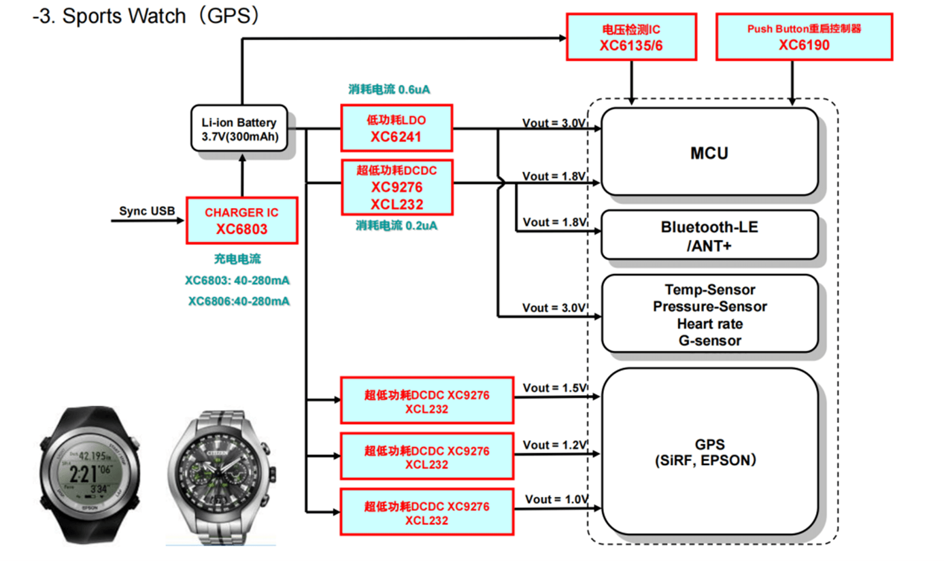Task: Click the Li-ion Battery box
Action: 239,129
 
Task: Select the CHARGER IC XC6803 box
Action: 242,221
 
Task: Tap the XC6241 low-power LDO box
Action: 396,128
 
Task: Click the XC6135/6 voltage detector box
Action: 631,37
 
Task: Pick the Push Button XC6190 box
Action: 804,37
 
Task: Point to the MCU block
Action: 709,152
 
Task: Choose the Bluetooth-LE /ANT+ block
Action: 709,236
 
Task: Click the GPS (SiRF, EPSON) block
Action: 709,452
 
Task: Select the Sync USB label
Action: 147,211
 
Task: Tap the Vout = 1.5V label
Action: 555,388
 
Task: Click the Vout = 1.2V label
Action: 555,445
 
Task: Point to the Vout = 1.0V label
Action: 556,500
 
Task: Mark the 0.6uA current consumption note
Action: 389,90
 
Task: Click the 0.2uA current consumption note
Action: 397,226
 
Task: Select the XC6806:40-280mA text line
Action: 238,302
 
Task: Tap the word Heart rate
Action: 710,324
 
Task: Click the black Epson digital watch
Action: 90,473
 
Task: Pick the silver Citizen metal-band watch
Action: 221,475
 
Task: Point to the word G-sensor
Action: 710,341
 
